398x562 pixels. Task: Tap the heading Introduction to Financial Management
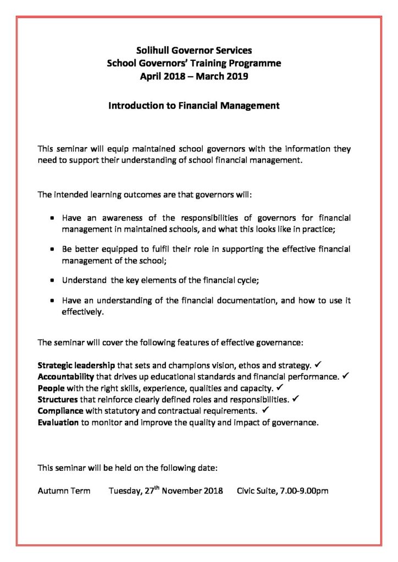tap(194, 104)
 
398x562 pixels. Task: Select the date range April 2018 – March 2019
tap(194, 76)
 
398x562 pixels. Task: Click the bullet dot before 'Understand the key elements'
tap(52, 279)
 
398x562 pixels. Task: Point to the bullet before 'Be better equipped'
tap(52, 249)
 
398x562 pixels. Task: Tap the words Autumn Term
tap(64, 491)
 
